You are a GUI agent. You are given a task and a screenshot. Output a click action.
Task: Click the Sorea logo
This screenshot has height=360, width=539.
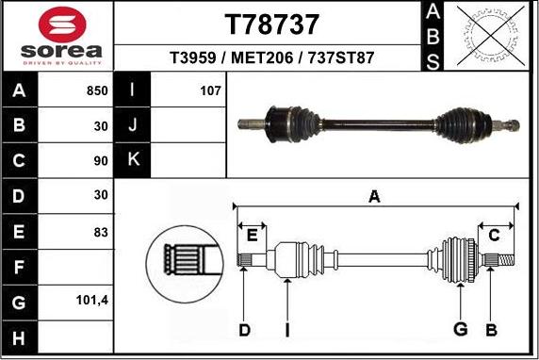pos(57,37)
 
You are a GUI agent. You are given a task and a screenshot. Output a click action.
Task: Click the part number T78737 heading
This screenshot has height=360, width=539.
pos(271,24)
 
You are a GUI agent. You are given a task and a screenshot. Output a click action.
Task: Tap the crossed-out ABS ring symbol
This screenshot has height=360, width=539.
pos(487,36)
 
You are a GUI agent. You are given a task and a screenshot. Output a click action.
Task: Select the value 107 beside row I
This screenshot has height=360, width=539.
pos(210,91)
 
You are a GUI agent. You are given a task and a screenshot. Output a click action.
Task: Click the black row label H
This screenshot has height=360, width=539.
pos(21,337)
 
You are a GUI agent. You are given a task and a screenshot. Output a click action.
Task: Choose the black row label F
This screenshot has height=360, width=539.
pos(21,267)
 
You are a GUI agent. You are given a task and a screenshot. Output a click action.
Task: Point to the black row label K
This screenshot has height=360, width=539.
pos(133,160)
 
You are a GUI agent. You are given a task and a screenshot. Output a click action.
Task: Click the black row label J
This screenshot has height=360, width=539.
pos(133,125)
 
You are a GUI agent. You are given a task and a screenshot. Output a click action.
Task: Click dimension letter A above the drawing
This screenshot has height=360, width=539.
pos(374,197)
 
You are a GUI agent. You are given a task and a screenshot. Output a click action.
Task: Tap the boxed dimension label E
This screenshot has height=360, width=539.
pos(252,235)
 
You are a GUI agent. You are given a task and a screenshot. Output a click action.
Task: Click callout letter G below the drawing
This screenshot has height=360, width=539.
pos(461,329)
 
